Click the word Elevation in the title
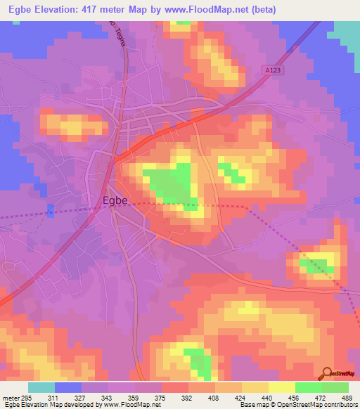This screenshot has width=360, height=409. tap(61, 10)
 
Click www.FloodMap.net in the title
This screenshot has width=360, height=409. tap(210, 10)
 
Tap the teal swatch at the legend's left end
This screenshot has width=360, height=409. tap(41, 387)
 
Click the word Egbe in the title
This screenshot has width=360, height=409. tap(18, 10)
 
